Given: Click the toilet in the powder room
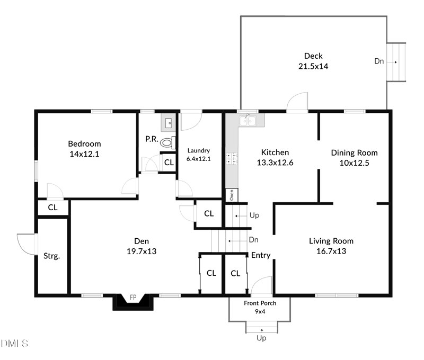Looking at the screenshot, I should (167, 142).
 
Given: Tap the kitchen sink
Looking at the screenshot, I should (247, 121).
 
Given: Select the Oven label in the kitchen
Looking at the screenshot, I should (232, 195).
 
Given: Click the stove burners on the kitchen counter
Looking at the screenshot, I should (232, 158).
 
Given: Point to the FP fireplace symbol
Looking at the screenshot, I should (133, 299).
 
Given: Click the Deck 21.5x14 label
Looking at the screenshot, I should (313, 61).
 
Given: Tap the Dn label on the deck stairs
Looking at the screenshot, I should (379, 61).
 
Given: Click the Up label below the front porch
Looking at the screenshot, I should (261, 338).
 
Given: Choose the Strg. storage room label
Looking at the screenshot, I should (51, 256).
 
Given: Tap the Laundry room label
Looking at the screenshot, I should (198, 150).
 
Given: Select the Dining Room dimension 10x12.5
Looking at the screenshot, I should (354, 163).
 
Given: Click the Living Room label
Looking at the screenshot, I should (331, 241).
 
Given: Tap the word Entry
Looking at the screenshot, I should (261, 255).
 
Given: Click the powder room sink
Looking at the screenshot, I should (167, 123).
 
